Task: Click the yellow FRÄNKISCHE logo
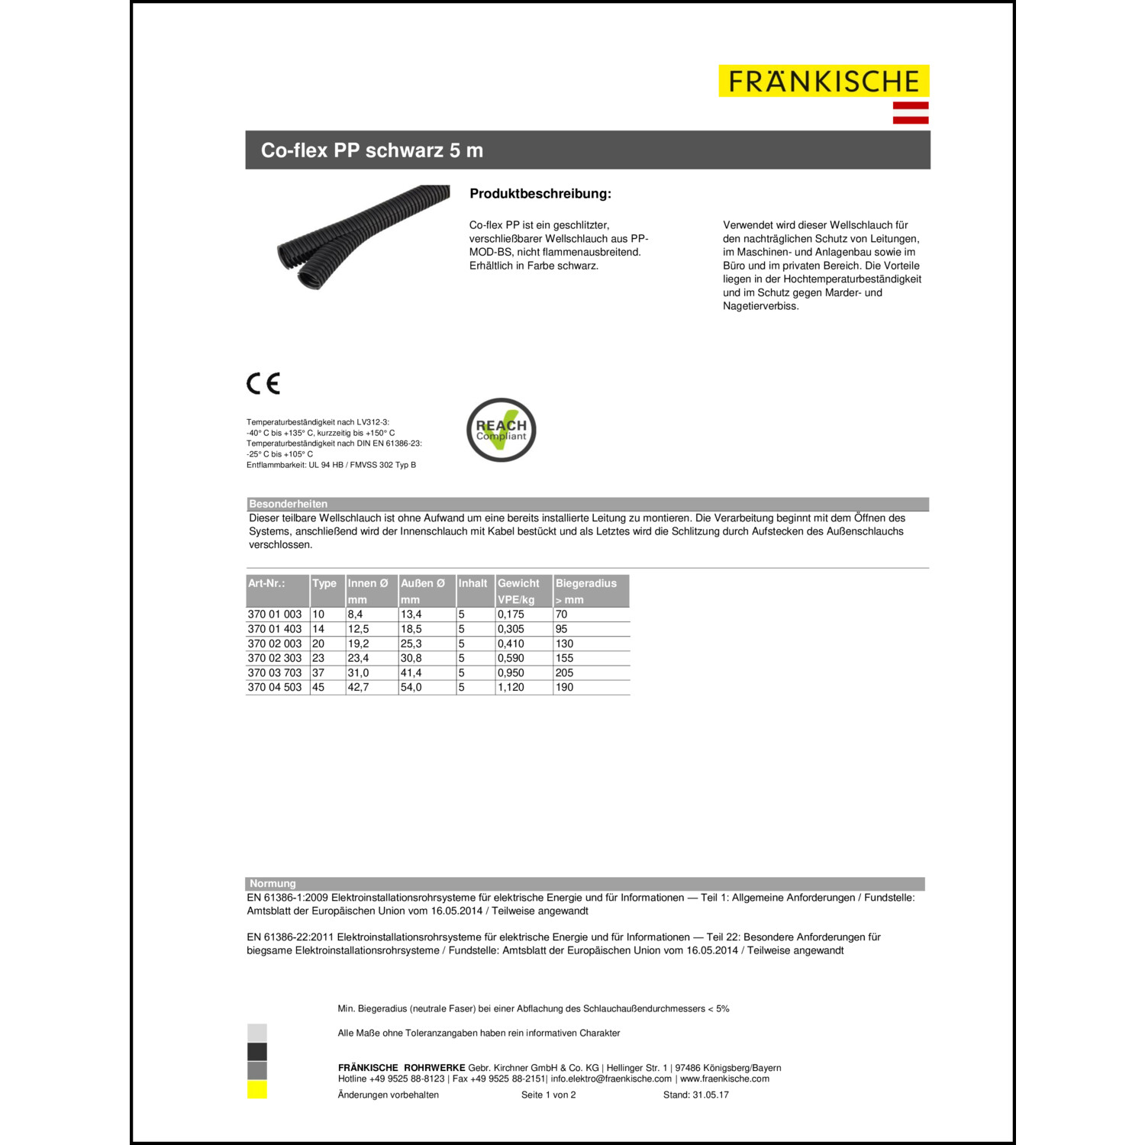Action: pos(824,81)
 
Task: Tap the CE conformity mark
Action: pos(263,383)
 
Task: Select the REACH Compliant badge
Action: pos(502,430)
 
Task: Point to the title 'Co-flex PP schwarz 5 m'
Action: pos(372,150)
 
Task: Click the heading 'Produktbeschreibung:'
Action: pos(540,194)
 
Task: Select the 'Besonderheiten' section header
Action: pos(288,504)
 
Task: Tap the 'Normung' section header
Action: pos(273,883)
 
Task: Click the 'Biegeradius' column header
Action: pos(585,583)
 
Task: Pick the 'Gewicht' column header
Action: pos(518,583)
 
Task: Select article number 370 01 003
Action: pos(275,614)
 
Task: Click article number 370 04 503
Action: pos(275,687)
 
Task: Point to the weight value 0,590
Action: pos(511,658)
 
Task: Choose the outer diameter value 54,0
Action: pos(411,687)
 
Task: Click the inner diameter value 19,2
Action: pos(358,643)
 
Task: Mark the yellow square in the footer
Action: pos(257,1090)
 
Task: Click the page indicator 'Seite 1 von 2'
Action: pos(548,1095)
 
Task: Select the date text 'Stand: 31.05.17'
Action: pos(695,1095)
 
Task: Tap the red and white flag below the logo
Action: pos(911,112)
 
